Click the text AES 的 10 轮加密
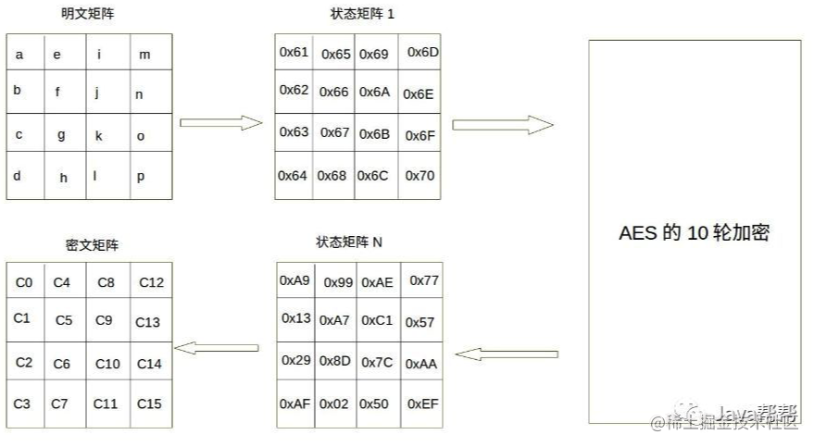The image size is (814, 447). pyautogui.click(x=694, y=233)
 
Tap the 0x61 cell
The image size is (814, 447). pyautogui.click(x=294, y=53)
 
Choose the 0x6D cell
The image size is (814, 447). pyautogui.click(x=421, y=52)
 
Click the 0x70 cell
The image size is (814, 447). pyautogui.click(x=420, y=175)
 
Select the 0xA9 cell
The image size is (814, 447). pyautogui.click(x=294, y=279)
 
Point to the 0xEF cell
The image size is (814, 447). pyautogui.click(x=422, y=404)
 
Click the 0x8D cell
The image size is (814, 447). pyautogui.click(x=334, y=361)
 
